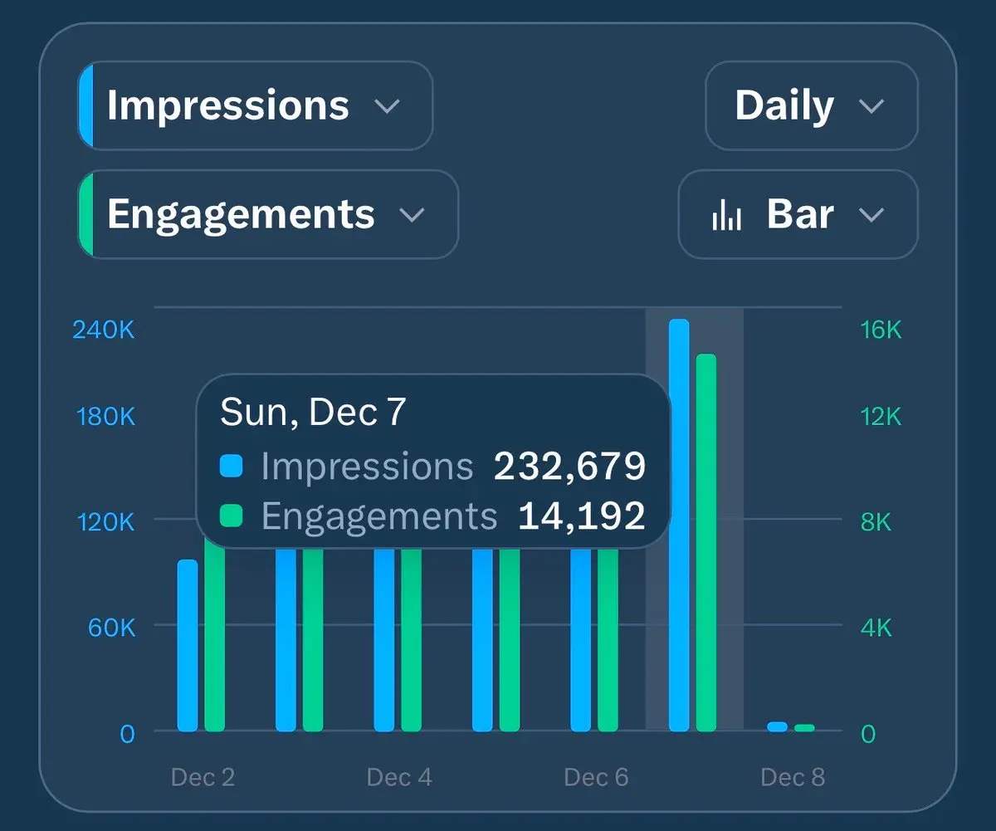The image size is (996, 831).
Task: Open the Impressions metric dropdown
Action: coord(255,106)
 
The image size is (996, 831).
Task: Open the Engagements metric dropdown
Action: coord(267,214)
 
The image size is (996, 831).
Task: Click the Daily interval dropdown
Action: coord(811,106)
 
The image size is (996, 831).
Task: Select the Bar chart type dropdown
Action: coord(798,214)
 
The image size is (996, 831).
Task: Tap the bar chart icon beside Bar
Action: coord(726,215)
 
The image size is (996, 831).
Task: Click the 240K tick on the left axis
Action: coord(104,330)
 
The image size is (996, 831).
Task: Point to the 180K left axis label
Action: coord(105,416)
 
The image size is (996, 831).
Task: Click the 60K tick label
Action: coord(111,627)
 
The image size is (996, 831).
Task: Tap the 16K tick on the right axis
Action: coord(881,330)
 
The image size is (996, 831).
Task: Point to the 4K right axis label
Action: coord(876,627)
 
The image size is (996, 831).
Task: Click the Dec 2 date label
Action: coord(203,778)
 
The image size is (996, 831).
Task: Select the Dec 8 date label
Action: coord(793,778)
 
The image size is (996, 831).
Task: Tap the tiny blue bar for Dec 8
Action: coord(777,727)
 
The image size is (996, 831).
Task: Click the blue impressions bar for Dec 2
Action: coord(188,645)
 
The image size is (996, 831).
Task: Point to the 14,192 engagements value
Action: coord(581,516)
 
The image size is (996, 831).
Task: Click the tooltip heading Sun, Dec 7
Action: coord(313,413)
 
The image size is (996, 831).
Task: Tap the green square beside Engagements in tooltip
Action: coord(232,516)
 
